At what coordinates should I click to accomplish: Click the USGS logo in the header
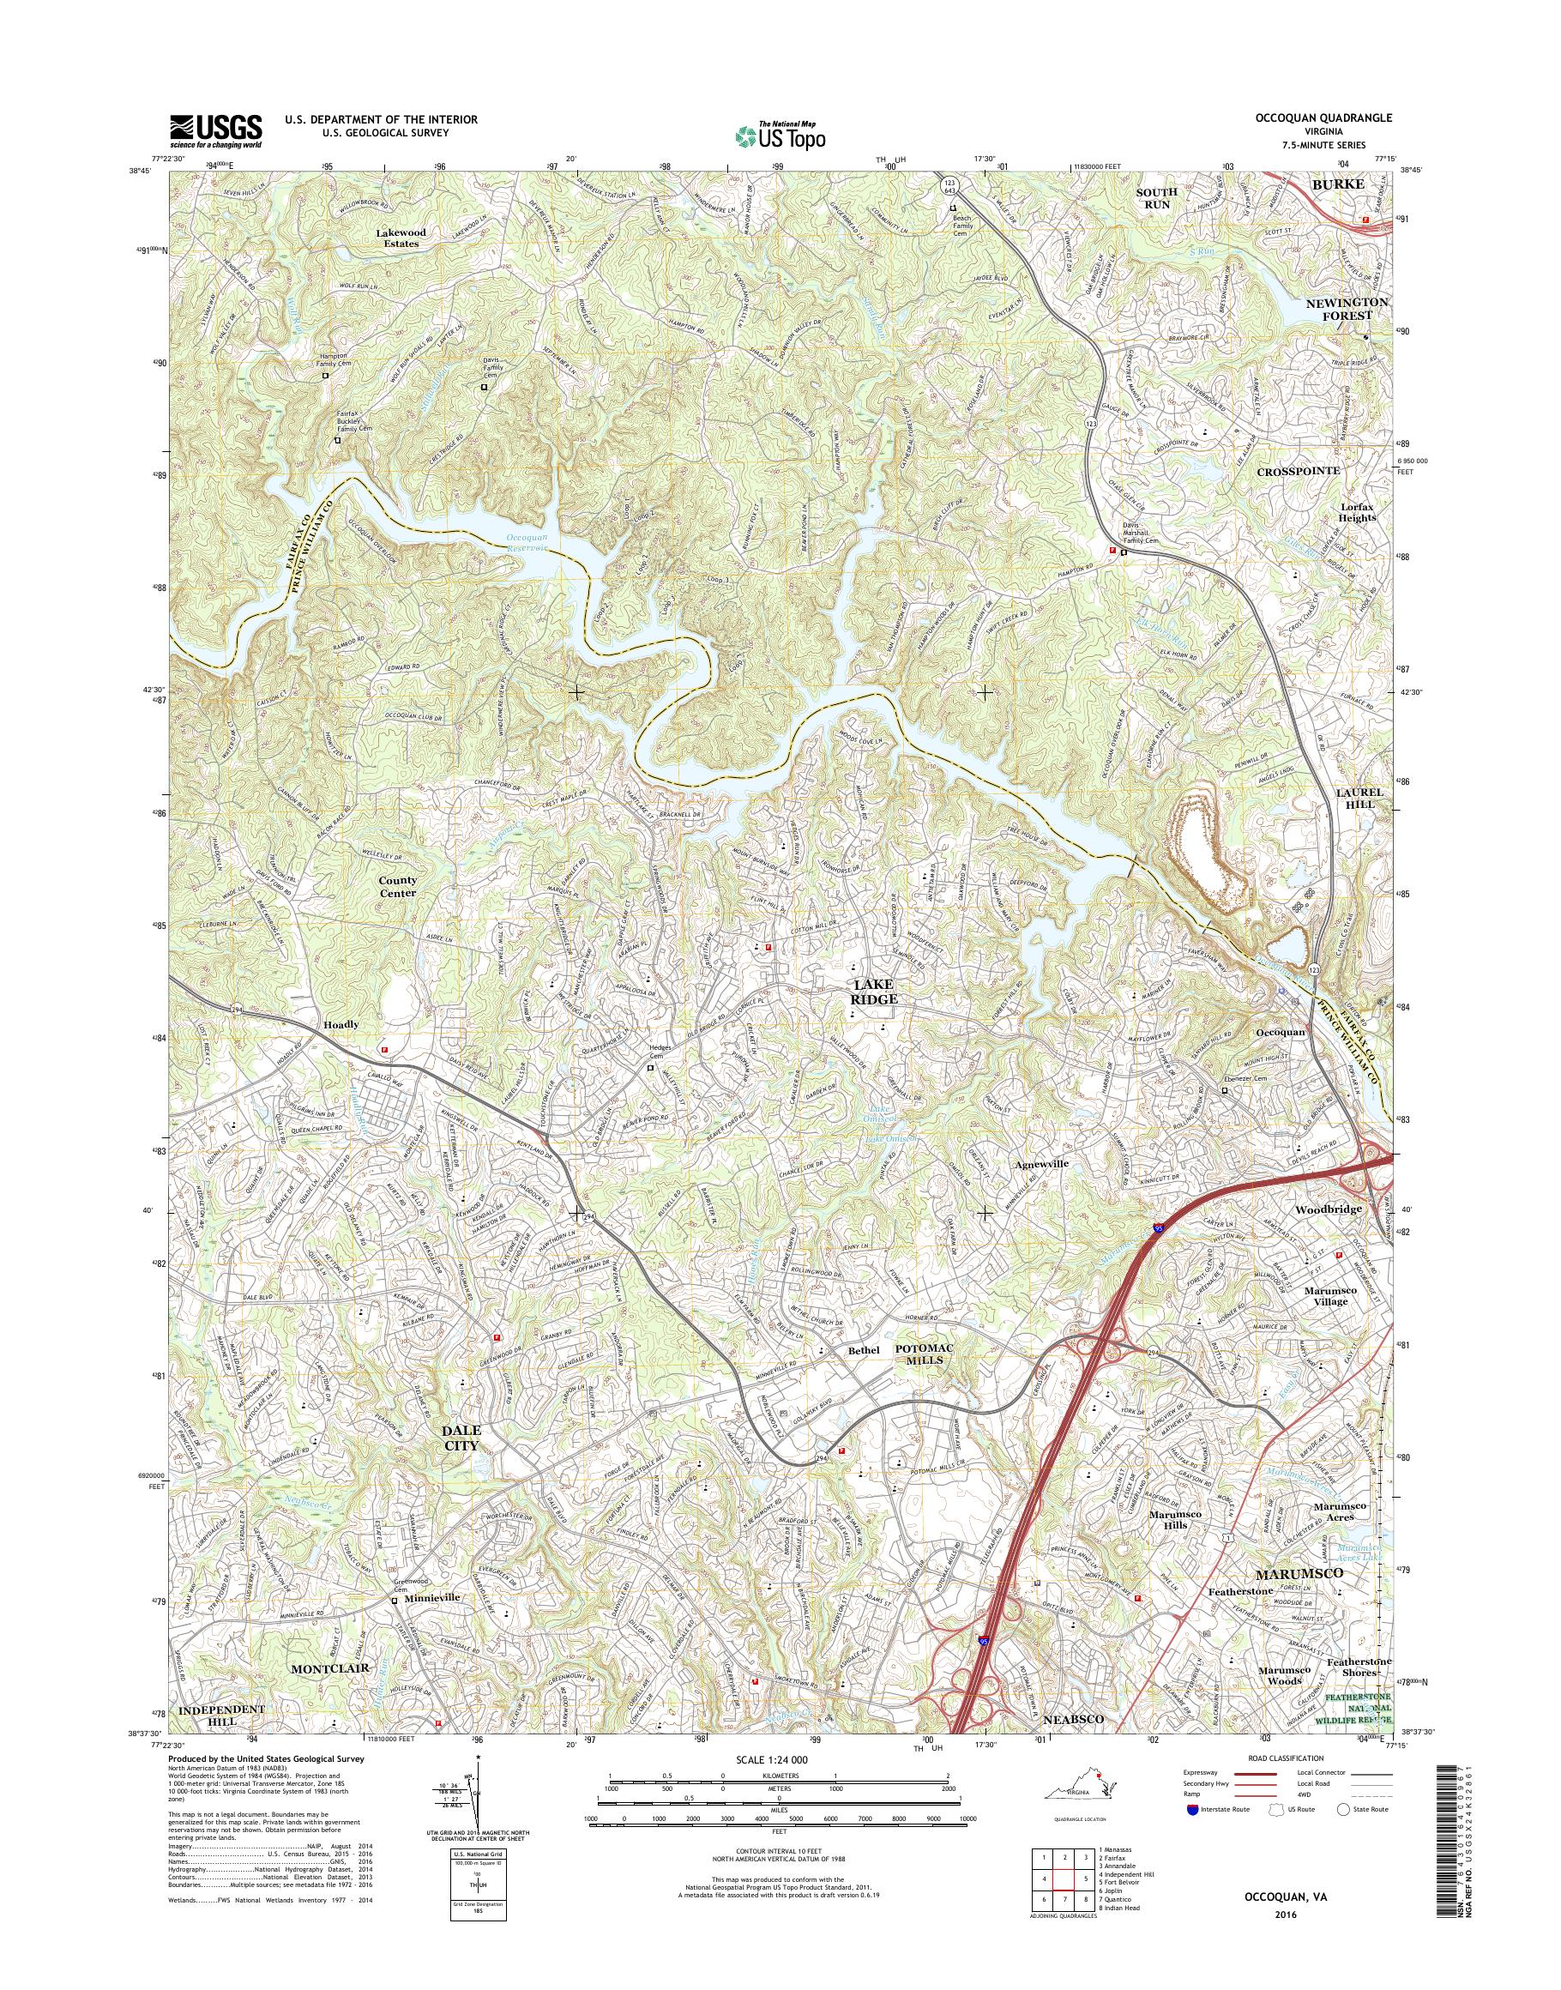pyautogui.click(x=215, y=130)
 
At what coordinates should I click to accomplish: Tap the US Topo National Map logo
pyautogui.click(x=780, y=136)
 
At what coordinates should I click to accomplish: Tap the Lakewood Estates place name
pyautogui.click(x=396, y=238)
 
